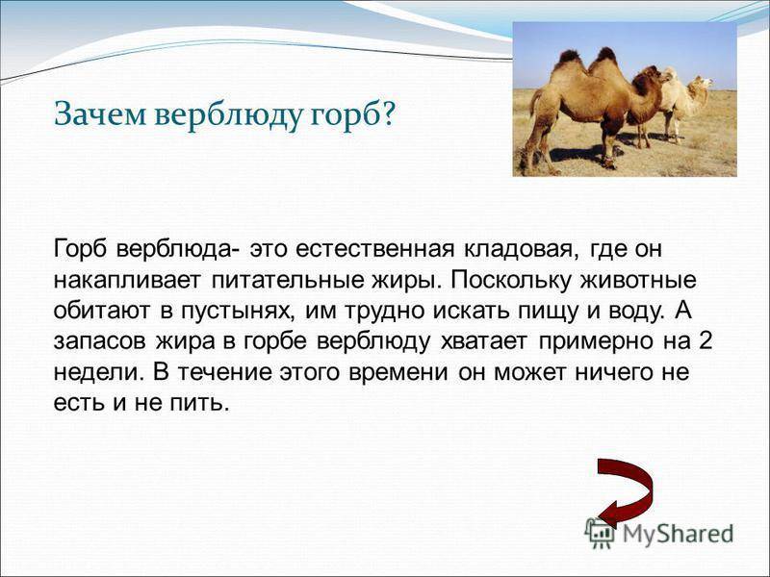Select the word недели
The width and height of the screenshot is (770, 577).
pyautogui.click(x=88, y=374)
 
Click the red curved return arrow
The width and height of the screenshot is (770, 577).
pyautogui.click(x=622, y=490)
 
